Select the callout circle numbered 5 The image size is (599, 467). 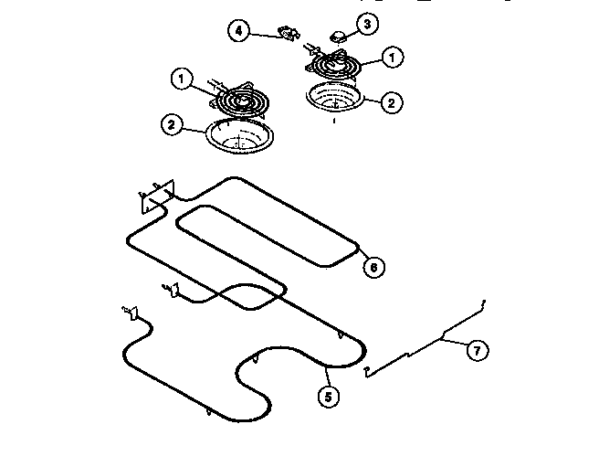point(326,397)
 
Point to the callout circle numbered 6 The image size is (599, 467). point(372,268)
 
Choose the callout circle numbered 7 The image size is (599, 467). point(475,350)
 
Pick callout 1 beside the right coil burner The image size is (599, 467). point(392,57)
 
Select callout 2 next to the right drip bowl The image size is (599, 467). point(392,102)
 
